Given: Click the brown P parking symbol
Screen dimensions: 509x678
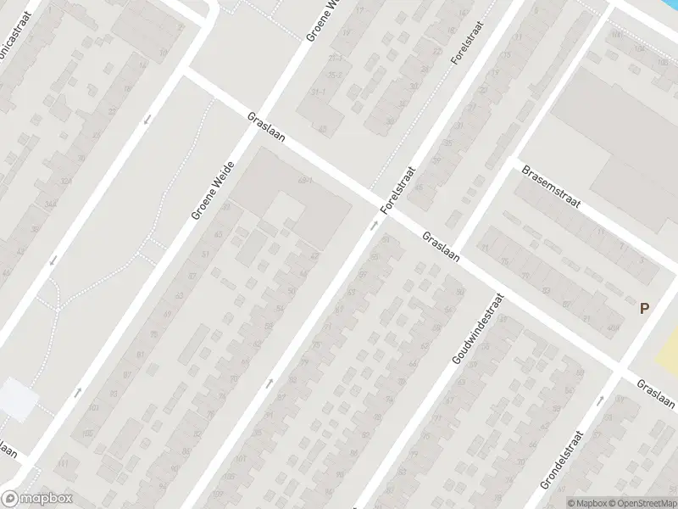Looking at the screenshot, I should pyautogui.click(x=644, y=310).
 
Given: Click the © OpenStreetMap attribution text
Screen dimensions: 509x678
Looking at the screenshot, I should pyautogui.click(x=638, y=502).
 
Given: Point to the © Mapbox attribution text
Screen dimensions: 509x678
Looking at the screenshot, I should pyautogui.click(x=586, y=502).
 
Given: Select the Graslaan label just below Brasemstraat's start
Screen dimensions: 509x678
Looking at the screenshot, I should pyautogui.click(x=441, y=247).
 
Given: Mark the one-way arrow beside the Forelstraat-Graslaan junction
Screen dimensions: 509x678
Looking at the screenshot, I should pyautogui.click(x=374, y=226).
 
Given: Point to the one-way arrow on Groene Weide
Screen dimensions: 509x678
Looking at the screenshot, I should pyautogui.click(x=79, y=391).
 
